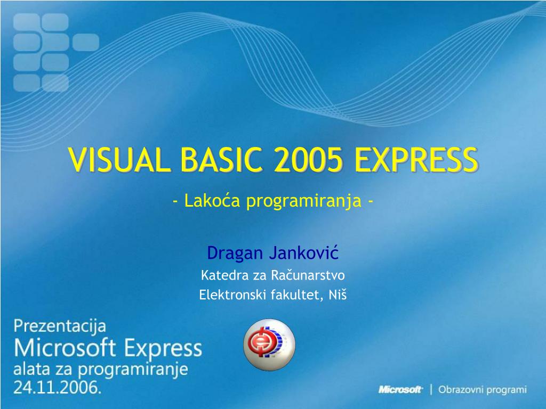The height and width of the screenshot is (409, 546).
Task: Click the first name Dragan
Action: coord(235,253)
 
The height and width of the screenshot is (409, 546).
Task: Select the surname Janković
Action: coord(304,253)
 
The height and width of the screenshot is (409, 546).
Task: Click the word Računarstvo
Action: coord(308,275)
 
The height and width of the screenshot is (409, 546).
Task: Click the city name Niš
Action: coord(338,294)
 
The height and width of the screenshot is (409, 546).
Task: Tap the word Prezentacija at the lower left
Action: coord(60,326)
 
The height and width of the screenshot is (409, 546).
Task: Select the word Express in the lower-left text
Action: coord(164,349)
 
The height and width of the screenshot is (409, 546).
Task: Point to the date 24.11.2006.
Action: coord(57,388)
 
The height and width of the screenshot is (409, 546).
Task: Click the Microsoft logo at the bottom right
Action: coord(400,390)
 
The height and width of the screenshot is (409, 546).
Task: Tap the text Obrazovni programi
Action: coord(482,390)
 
